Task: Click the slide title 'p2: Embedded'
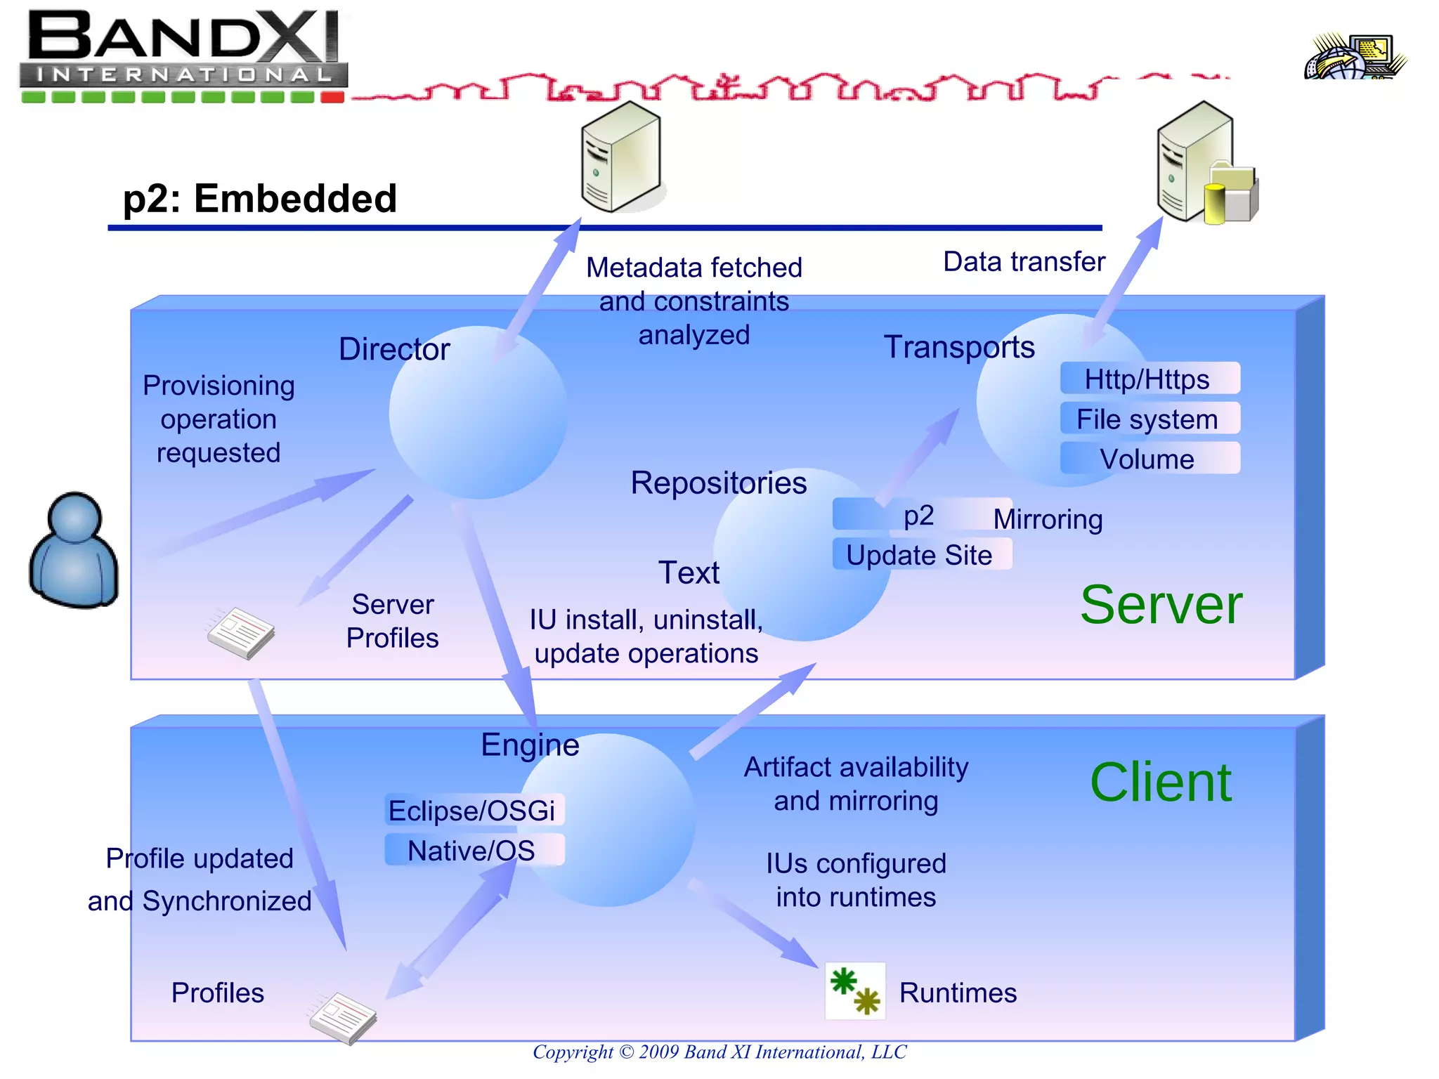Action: (260, 198)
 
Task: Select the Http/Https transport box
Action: (1150, 379)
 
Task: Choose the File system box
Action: (1150, 419)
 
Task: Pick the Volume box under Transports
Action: (1150, 459)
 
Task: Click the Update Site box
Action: (920, 554)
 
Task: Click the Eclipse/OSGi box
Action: (474, 810)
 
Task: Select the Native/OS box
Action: (474, 850)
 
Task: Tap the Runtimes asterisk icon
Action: (855, 991)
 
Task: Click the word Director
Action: (394, 349)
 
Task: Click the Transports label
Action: (959, 347)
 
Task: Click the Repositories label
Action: (719, 483)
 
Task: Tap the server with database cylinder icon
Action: (1206, 165)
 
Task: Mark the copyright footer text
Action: (719, 1052)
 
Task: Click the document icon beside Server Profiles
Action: (240, 632)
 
